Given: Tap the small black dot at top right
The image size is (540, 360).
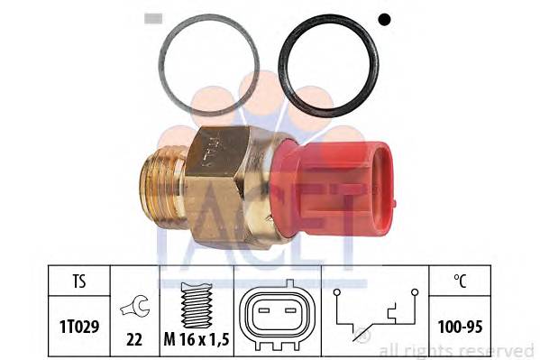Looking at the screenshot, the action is pyautogui.click(x=384, y=19).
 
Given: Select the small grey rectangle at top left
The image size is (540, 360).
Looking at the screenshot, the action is pyautogui.click(x=153, y=19).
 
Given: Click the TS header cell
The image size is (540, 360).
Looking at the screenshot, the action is pyautogui.click(x=79, y=281).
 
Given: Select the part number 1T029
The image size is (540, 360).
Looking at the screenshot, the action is pyautogui.click(x=79, y=327).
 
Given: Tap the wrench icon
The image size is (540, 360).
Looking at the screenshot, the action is pyautogui.click(x=135, y=306).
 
